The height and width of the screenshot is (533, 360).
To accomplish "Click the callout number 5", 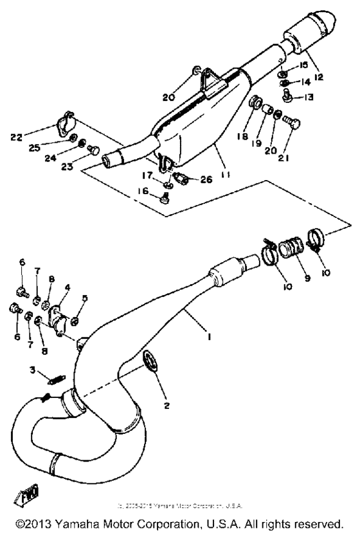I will (x=84, y=298).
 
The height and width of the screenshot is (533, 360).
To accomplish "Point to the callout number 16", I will (x=146, y=192).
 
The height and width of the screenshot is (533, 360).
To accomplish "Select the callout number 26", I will (x=205, y=180).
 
